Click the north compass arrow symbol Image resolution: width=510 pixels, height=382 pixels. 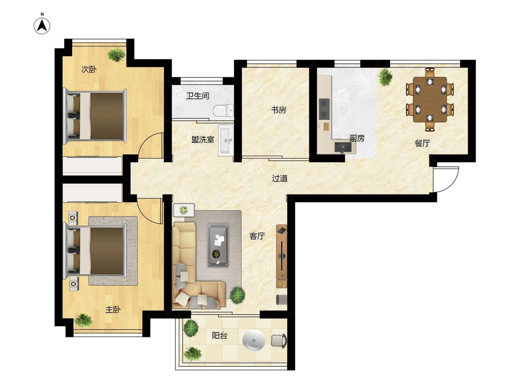(42, 26)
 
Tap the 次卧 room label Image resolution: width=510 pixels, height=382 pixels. (89, 69)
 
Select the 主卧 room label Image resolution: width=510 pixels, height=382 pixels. (113, 310)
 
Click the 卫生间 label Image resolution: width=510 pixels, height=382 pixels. (198, 96)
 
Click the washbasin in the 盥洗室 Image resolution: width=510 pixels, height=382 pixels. (226, 140)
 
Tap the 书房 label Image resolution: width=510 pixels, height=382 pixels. (278, 110)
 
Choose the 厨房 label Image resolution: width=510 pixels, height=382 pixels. (357, 138)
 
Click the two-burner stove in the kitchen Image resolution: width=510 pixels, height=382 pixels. (324, 109)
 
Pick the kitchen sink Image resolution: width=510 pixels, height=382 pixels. (343, 147)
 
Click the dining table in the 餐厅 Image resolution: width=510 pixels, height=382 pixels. (430, 100)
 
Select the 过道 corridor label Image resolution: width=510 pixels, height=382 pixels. (280, 178)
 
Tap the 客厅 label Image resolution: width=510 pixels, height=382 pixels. (257, 236)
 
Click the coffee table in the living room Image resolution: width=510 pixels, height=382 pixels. (218, 245)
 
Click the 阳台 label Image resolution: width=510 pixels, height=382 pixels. (220, 336)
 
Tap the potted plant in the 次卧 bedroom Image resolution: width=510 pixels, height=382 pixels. (117, 55)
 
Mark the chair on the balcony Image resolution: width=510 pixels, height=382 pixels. (279, 340)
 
